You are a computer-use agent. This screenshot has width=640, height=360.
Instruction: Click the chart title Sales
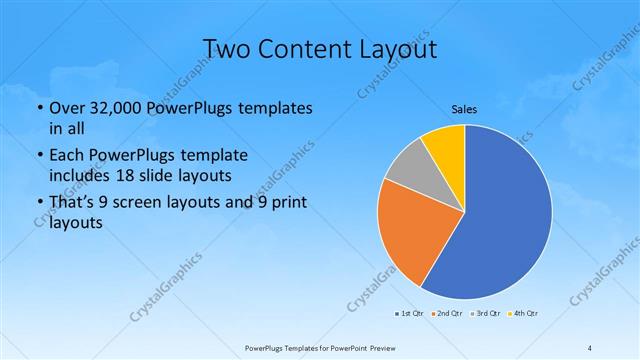tap(464, 108)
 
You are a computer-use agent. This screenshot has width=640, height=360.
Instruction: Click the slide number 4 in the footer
tap(590, 347)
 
